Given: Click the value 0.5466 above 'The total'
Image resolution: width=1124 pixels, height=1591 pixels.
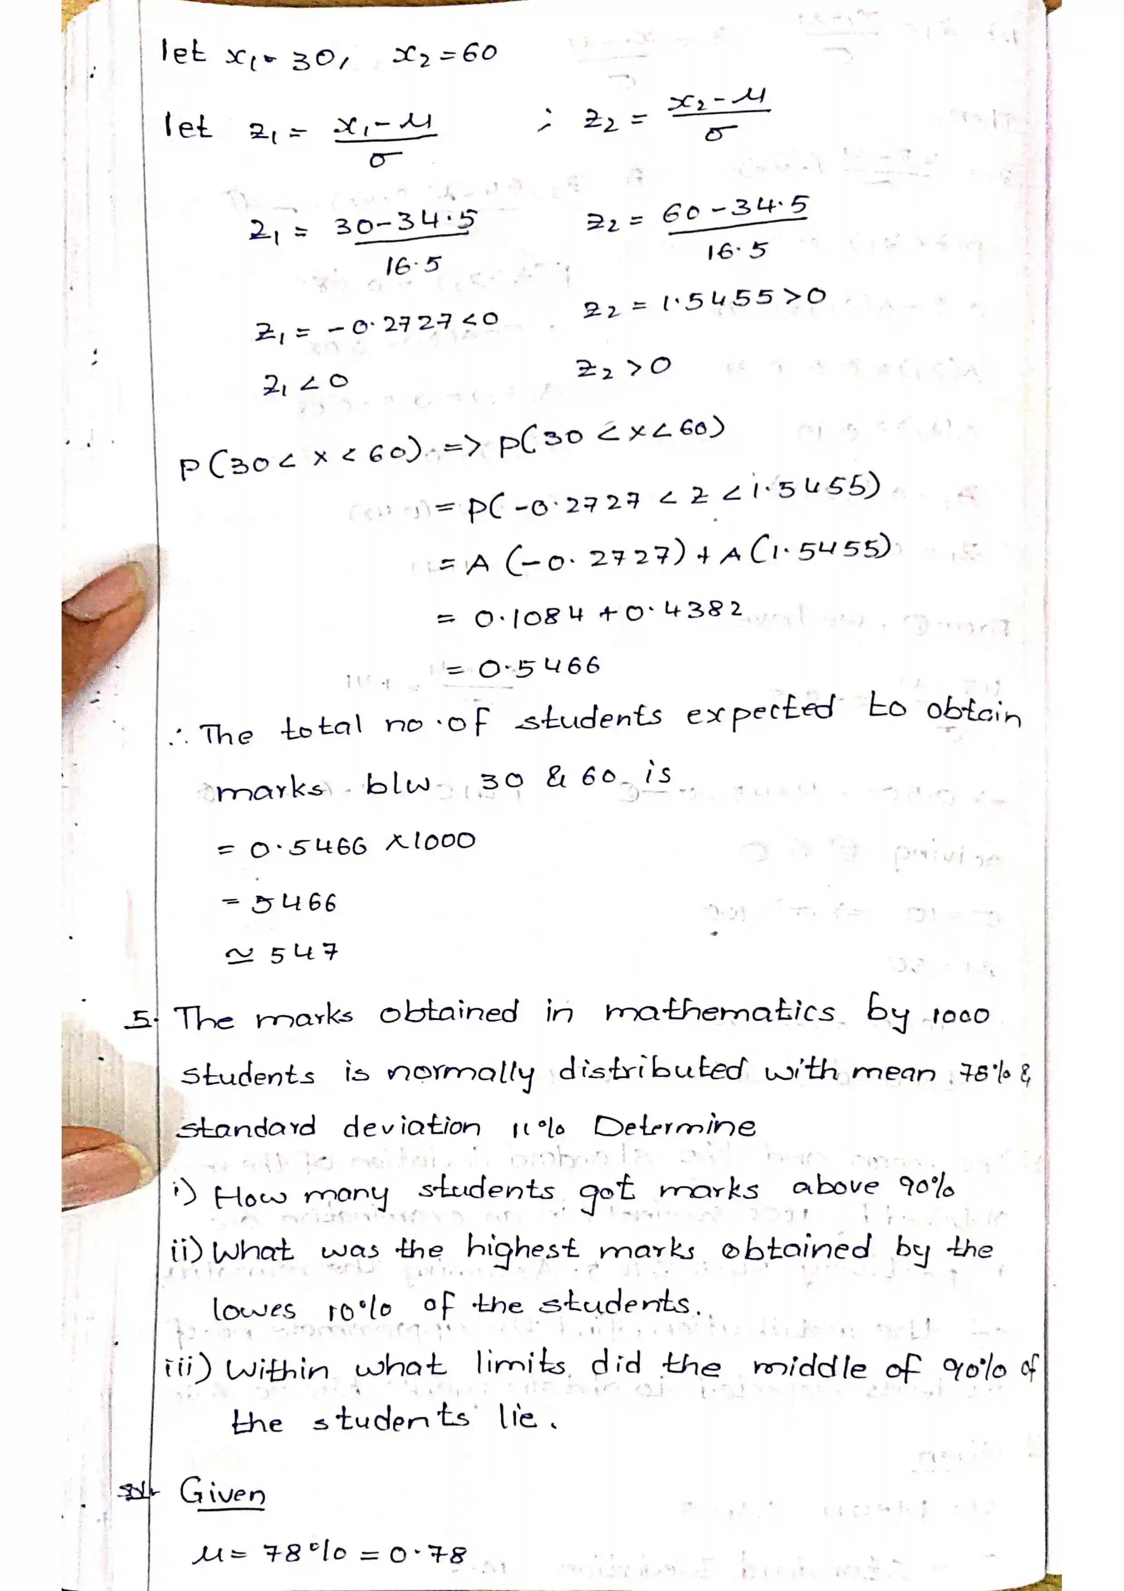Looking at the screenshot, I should (x=539, y=668).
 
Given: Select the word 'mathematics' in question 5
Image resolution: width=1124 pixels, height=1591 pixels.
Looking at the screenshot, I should (x=720, y=1012).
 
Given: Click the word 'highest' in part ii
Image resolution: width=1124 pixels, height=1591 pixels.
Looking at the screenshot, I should (x=522, y=1250).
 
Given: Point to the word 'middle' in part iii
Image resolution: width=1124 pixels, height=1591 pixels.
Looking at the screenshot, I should (x=809, y=1368).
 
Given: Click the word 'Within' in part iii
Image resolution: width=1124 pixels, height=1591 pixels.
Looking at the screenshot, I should (x=277, y=1370).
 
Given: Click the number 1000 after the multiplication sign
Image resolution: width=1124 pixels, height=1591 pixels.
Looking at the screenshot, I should (x=441, y=841).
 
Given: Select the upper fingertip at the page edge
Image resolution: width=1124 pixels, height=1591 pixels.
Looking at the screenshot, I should (x=104, y=596).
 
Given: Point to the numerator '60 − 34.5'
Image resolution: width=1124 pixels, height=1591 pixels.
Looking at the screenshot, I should (x=736, y=209).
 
